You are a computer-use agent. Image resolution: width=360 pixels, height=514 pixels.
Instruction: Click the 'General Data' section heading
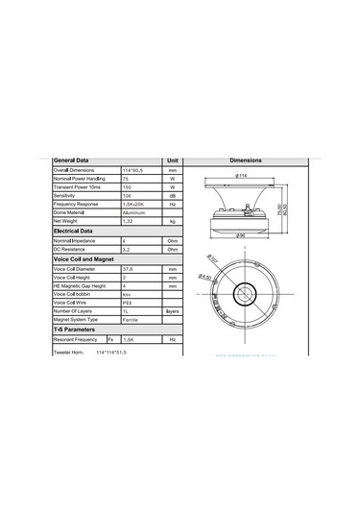click(73, 160)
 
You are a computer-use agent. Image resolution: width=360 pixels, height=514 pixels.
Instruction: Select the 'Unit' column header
click(173, 160)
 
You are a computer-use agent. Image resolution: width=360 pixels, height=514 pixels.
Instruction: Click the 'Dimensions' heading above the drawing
click(252, 160)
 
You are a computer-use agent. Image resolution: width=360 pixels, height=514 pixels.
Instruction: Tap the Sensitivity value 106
click(127, 195)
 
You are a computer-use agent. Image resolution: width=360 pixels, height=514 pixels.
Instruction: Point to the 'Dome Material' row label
click(72, 212)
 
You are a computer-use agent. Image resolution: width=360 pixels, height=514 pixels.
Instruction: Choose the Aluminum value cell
click(133, 212)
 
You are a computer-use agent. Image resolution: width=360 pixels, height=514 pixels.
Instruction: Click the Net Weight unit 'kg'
click(173, 222)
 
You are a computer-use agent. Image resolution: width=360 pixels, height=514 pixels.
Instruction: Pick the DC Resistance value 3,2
click(127, 250)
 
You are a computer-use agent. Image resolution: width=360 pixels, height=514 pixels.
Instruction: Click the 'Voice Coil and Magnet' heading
click(84, 259)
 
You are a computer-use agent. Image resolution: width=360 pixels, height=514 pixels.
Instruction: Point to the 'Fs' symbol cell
click(111, 340)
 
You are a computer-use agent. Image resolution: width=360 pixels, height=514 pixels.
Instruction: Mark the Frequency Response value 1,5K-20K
click(133, 204)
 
